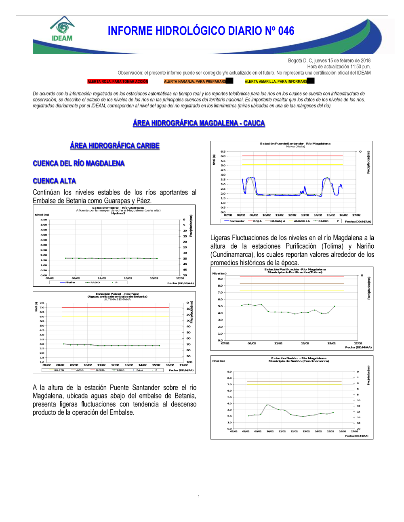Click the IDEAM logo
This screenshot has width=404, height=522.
pos(62,29)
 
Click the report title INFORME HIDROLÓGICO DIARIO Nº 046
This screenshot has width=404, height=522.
pos(201,31)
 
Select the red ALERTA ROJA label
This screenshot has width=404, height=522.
pos(118,82)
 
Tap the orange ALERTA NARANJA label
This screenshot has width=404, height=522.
pos(195,82)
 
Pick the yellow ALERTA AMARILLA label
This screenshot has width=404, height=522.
pos(276,82)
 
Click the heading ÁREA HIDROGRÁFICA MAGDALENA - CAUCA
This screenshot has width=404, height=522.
pos(199,123)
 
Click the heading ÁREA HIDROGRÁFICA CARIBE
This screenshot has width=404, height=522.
pos(115,146)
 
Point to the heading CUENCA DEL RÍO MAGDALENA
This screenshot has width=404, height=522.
pos(78,164)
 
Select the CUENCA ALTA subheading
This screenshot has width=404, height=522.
pos(54,181)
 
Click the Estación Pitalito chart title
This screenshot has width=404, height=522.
pos(118,208)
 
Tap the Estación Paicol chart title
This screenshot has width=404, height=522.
pos(117,294)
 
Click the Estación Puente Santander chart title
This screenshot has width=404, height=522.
pos(295,144)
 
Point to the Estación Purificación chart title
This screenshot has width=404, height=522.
pos(295,269)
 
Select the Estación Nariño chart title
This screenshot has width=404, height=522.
pos(299,358)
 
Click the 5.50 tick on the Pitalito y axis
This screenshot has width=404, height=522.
pos(44,220)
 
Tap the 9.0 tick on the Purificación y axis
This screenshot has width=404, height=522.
pos(220,279)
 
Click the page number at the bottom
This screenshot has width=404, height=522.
pos(199,497)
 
